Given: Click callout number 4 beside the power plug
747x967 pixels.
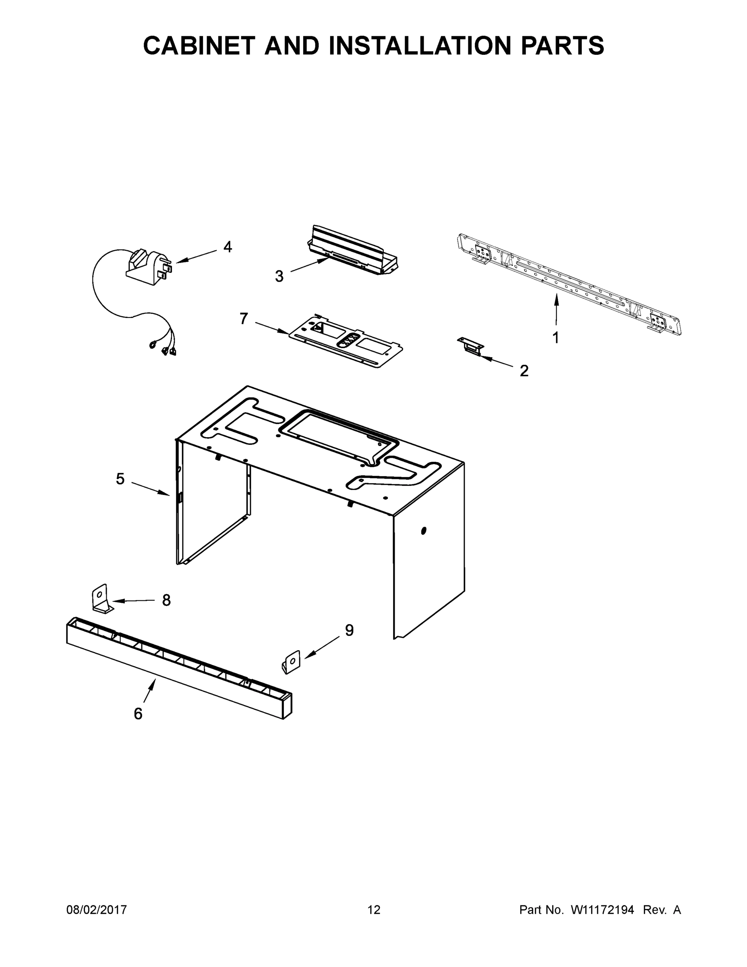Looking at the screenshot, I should pyautogui.click(x=228, y=247).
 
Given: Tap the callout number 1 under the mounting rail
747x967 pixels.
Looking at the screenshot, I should pyautogui.click(x=555, y=337).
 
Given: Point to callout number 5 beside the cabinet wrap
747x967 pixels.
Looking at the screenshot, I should pyautogui.click(x=120, y=479).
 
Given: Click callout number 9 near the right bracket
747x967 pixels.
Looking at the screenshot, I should pyautogui.click(x=349, y=630).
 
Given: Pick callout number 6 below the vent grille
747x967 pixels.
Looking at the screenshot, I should pyautogui.click(x=138, y=714).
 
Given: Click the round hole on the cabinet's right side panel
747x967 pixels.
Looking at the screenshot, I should pyautogui.click(x=424, y=530).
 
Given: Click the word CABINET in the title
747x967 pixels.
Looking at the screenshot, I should pyautogui.click(x=199, y=46).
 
